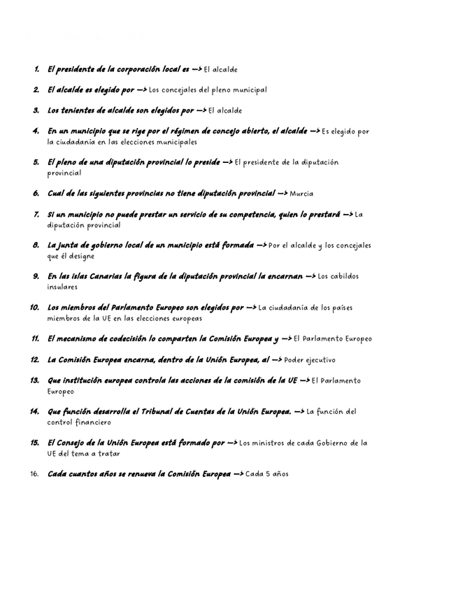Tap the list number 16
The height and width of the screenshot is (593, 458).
[x=34, y=474]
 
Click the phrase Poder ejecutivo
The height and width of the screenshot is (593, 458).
[x=310, y=360]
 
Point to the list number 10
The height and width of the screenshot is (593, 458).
[x=34, y=308]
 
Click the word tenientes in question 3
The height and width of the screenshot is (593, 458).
[x=78, y=110]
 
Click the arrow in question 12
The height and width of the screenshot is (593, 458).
[x=277, y=360]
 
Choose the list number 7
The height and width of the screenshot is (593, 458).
[x=36, y=215]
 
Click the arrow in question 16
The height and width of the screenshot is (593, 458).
[x=238, y=474]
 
